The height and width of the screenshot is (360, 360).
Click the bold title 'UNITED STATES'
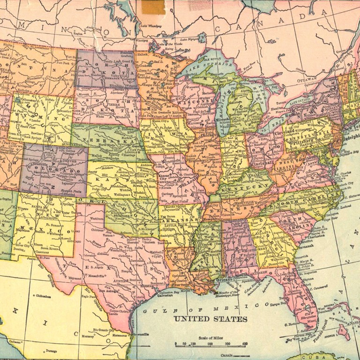click(210, 319)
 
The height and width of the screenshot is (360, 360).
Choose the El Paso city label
click(44, 257)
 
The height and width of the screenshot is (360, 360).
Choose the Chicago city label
click(209, 135)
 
